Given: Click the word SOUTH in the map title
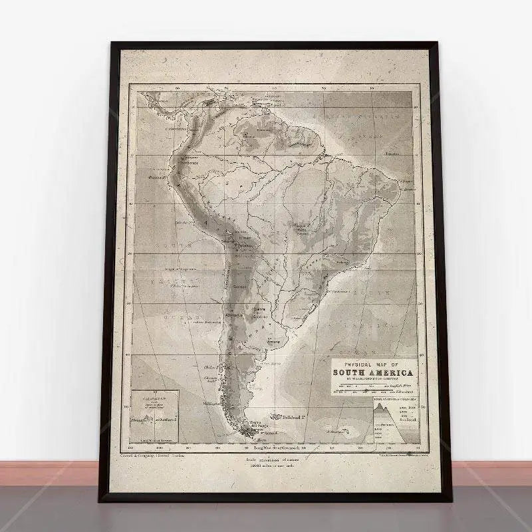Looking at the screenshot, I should coord(348,373).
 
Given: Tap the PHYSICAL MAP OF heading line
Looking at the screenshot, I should coord(372,364).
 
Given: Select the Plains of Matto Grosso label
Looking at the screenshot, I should coord(302,229).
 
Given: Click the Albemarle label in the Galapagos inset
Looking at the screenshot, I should coord(139,420).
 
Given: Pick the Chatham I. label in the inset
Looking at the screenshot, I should coord(163,420).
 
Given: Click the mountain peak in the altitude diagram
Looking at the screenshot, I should coord(381,405).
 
